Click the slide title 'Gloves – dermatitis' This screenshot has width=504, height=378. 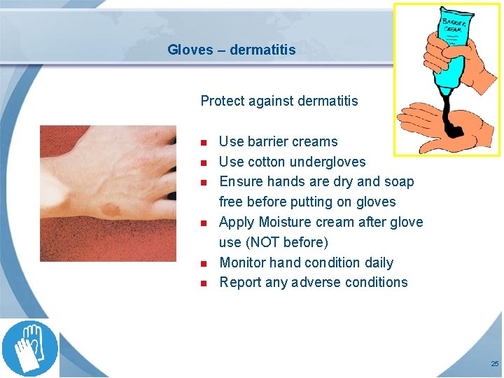(231, 50)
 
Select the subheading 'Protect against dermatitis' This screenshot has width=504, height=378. (279, 101)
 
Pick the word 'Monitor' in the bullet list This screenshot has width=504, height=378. (242, 263)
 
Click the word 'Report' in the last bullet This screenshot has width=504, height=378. (239, 283)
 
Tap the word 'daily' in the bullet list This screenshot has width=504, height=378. (378, 263)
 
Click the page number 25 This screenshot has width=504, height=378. (495, 364)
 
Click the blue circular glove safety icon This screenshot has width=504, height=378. (29, 348)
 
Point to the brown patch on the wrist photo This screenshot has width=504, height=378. (111, 209)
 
